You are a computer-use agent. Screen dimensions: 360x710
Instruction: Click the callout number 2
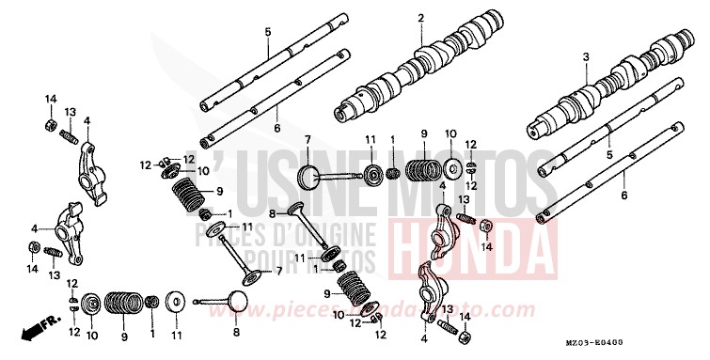pyautogui.click(x=421, y=17)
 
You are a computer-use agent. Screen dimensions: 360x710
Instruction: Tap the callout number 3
pyautogui.click(x=585, y=57)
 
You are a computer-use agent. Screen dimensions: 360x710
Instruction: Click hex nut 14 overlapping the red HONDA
pyautogui.click(x=487, y=227)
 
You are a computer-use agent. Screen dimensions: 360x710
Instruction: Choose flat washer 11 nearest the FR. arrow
pyautogui.click(x=176, y=303)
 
